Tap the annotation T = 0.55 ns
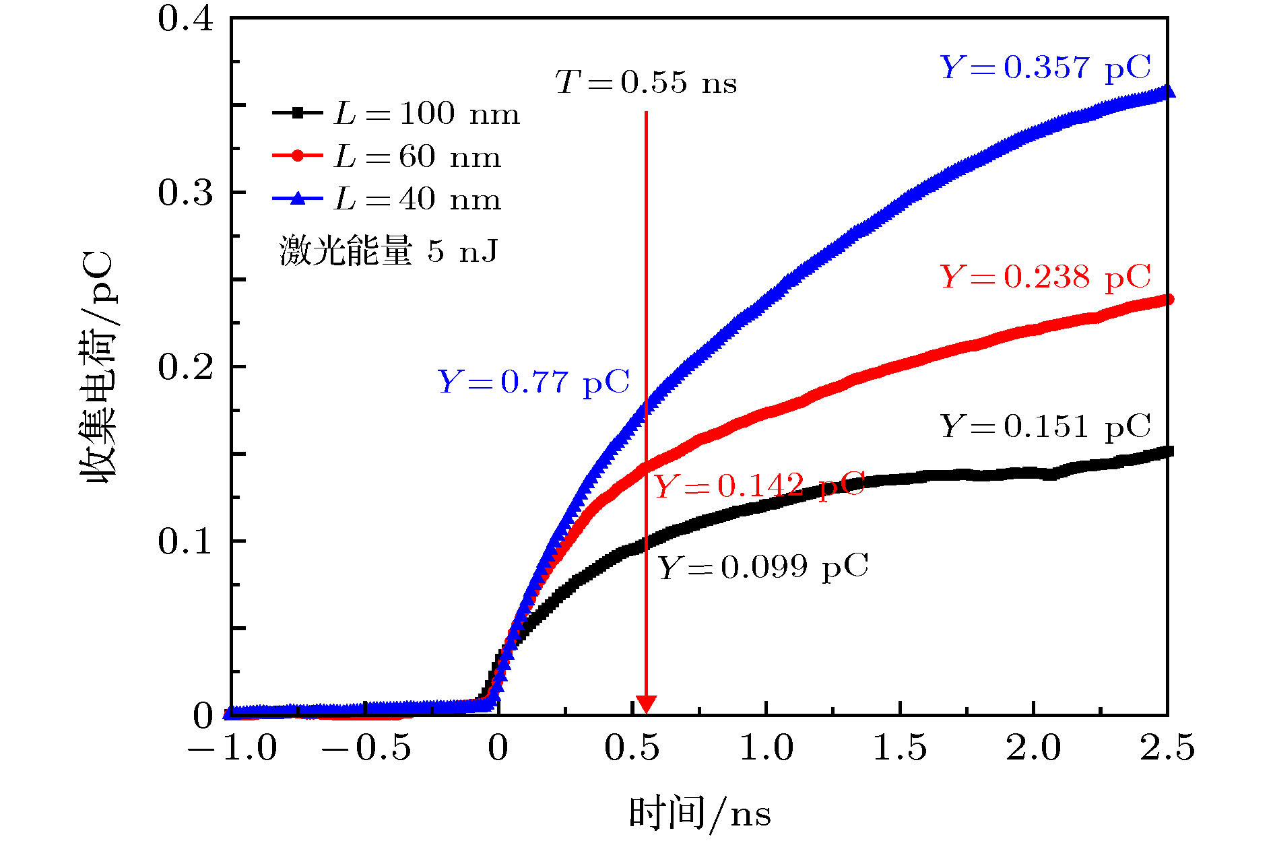pos(645,83)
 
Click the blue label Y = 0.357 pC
pos(1045,68)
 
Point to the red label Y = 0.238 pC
pos(1045,277)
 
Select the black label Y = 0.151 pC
pos(1045,426)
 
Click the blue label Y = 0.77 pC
pos(533,382)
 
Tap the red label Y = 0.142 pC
pos(759,485)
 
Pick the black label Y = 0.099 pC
pos(762,567)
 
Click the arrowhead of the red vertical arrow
pos(646,704)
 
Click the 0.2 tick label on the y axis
pos(185,367)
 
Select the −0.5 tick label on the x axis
pos(366,748)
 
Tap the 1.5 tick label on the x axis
pos(900,748)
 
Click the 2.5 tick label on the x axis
pos(1167,748)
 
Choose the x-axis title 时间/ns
pos(699,813)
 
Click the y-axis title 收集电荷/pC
pos(100,367)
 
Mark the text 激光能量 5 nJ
pos(389,251)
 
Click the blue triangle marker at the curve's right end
pos(1168,91)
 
